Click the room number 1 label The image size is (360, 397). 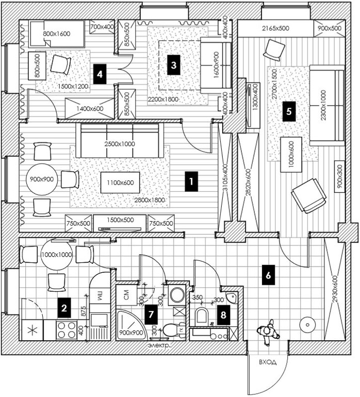[191, 182]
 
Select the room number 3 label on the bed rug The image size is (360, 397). [174, 65]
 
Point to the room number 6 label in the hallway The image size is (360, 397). [267, 275]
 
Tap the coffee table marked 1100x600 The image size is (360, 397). [120, 183]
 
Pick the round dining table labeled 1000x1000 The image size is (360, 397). [57, 254]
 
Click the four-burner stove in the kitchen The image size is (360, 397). [67, 330]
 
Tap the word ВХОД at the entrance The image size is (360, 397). [268, 362]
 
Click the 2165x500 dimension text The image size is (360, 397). [276, 28]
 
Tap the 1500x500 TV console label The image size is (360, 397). [120, 220]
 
